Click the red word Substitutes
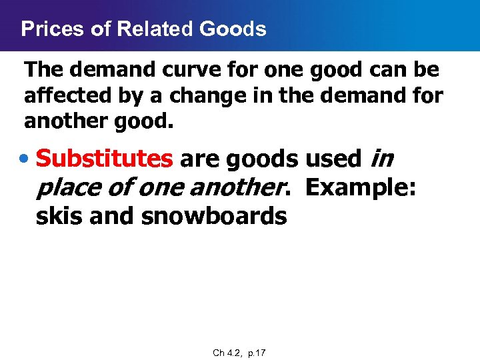pos(104,159)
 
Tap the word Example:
pos(361,187)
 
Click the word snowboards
pos(214,215)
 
